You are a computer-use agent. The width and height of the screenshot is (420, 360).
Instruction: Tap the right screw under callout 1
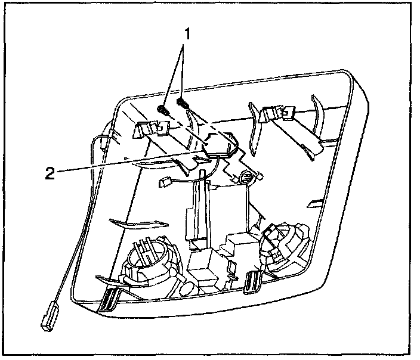tap(183, 104)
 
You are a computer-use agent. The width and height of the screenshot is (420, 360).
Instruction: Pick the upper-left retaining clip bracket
tap(152, 128)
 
